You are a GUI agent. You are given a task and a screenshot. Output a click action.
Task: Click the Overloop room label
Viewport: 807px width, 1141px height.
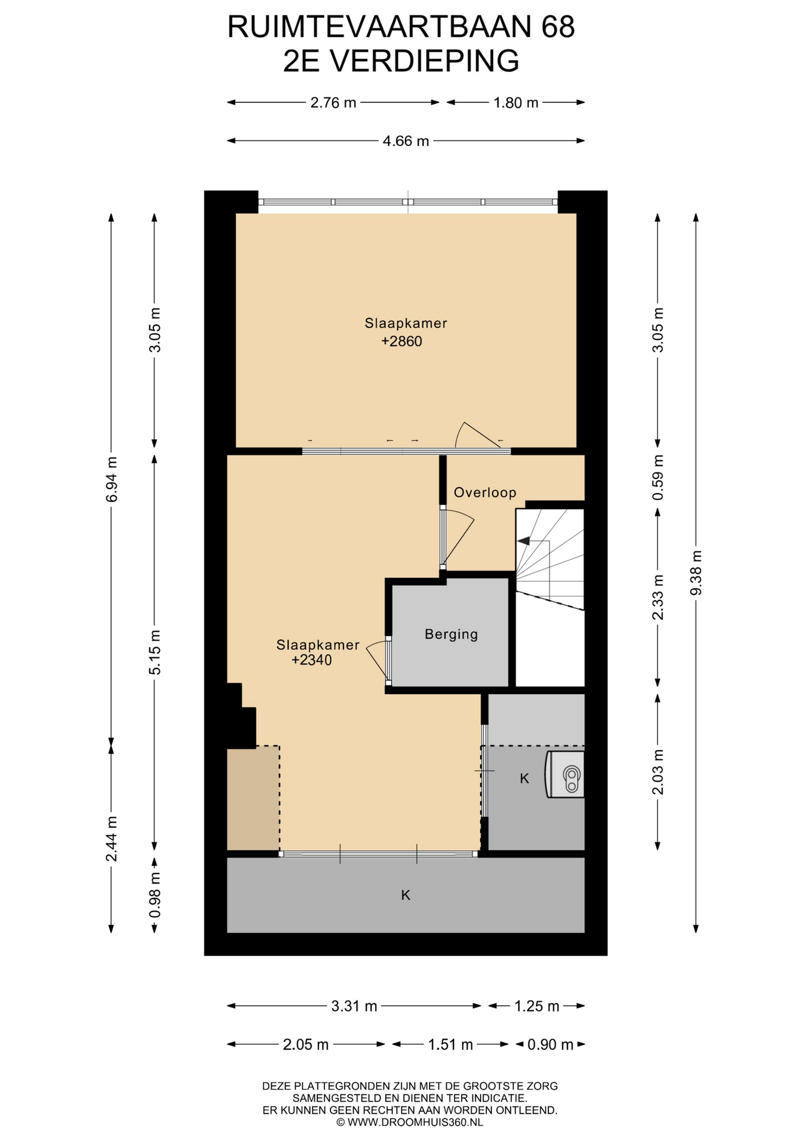[485, 492]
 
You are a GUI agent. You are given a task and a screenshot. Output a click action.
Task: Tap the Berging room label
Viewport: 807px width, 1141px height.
[451, 634]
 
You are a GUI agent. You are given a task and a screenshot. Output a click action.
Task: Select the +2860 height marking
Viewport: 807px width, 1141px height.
[402, 341]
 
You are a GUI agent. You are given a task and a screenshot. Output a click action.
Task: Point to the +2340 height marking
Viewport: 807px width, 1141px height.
[311, 660]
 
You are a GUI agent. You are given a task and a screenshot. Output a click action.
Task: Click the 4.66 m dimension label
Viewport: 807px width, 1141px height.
[406, 141]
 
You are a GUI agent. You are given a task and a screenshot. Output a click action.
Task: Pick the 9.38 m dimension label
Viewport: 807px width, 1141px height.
[696, 572]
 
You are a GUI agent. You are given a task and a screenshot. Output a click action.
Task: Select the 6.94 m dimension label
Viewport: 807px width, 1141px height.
[111, 479]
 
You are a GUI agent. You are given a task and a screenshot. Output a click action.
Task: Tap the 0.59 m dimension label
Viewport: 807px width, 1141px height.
[657, 478]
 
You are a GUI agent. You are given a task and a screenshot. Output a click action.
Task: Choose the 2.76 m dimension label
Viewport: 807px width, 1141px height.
[333, 103]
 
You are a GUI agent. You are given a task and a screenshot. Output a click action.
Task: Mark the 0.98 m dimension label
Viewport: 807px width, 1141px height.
[155, 894]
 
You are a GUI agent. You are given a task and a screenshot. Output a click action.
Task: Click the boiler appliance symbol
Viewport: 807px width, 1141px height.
[565, 774]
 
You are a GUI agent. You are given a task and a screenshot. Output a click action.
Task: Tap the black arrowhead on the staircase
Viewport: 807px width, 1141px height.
[524, 541]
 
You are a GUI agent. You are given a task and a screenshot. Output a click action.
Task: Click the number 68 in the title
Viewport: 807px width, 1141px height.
[558, 27]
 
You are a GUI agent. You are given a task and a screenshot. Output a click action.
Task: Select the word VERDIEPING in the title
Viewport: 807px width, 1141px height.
[425, 61]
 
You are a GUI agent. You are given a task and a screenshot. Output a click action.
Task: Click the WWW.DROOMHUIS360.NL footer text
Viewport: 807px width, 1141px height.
[415, 1122]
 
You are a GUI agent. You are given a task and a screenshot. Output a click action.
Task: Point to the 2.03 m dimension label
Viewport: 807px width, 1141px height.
[657, 772]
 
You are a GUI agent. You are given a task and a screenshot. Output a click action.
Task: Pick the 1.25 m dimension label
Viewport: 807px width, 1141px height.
[537, 1006]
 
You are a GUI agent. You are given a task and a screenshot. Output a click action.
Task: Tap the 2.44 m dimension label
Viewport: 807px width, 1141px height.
[111, 839]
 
